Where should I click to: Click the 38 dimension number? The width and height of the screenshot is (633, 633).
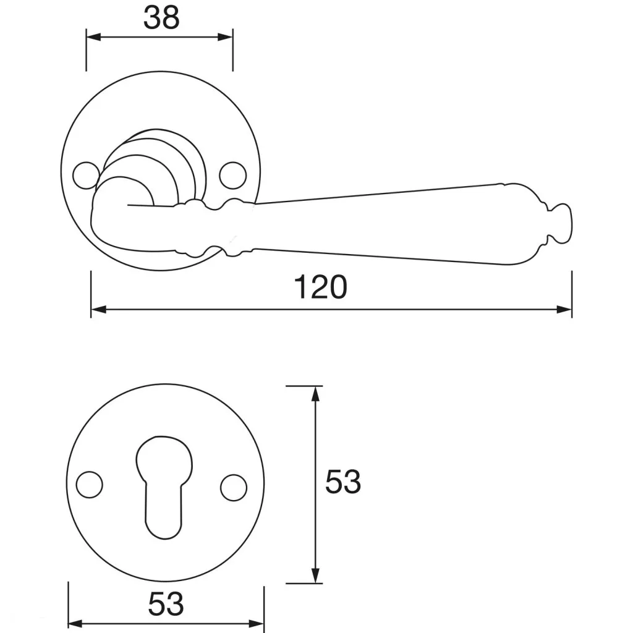click(161, 18)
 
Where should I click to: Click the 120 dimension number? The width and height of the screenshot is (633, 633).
click(321, 287)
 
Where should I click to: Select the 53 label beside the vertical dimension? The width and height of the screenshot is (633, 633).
click(342, 482)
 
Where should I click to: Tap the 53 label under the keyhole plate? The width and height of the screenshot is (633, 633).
click(166, 604)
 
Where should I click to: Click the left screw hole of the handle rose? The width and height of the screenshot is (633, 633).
click(85, 175)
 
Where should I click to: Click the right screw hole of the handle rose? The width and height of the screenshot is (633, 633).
click(233, 175)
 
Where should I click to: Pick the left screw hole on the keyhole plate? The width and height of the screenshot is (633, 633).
click(89, 485)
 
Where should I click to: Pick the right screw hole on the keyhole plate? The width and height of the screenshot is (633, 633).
click(234, 487)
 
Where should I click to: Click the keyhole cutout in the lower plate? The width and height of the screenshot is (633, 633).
click(164, 487)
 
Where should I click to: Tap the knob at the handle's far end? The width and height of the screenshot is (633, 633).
click(560, 224)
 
